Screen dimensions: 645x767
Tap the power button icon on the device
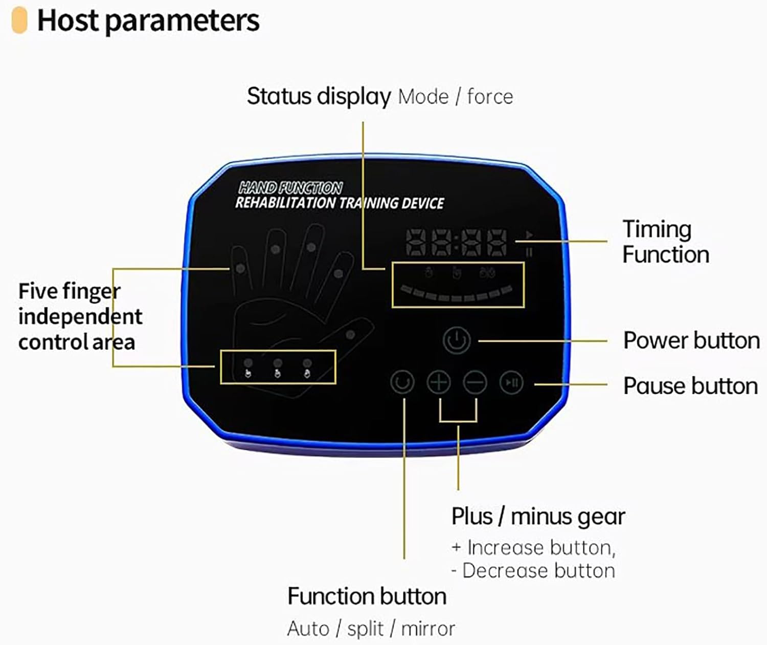click(x=457, y=340)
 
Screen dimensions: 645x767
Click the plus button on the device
click(x=439, y=382)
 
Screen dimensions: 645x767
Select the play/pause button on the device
click(x=511, y=382)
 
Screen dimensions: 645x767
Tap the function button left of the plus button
click(x=402, y=382)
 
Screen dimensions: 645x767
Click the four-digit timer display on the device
click(x=457, y=243)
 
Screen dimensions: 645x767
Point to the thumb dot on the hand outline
click(x=350, y=335)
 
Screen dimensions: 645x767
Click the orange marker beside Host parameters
click(x=19, y=20)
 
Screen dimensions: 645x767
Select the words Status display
click(x=319, y=96)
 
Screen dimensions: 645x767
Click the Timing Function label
click(x=665, y=242)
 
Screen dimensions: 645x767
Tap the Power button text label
click(x=691, y=341)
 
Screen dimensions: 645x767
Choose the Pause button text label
click(x=690, y=386)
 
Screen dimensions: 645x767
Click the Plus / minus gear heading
click(x=538, y=517)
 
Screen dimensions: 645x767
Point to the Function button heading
click(x=367, y=596)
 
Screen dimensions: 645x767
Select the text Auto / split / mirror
click(x=371, y=629)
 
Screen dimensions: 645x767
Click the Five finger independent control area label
click(x=79, y=316)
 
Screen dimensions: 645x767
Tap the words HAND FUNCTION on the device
click(x=290, y=188)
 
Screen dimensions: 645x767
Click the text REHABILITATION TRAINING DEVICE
click(x=339, y=203)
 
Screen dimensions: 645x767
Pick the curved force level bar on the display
click(x=457, y=294)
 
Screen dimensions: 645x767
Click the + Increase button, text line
click(x=533, y=548)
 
